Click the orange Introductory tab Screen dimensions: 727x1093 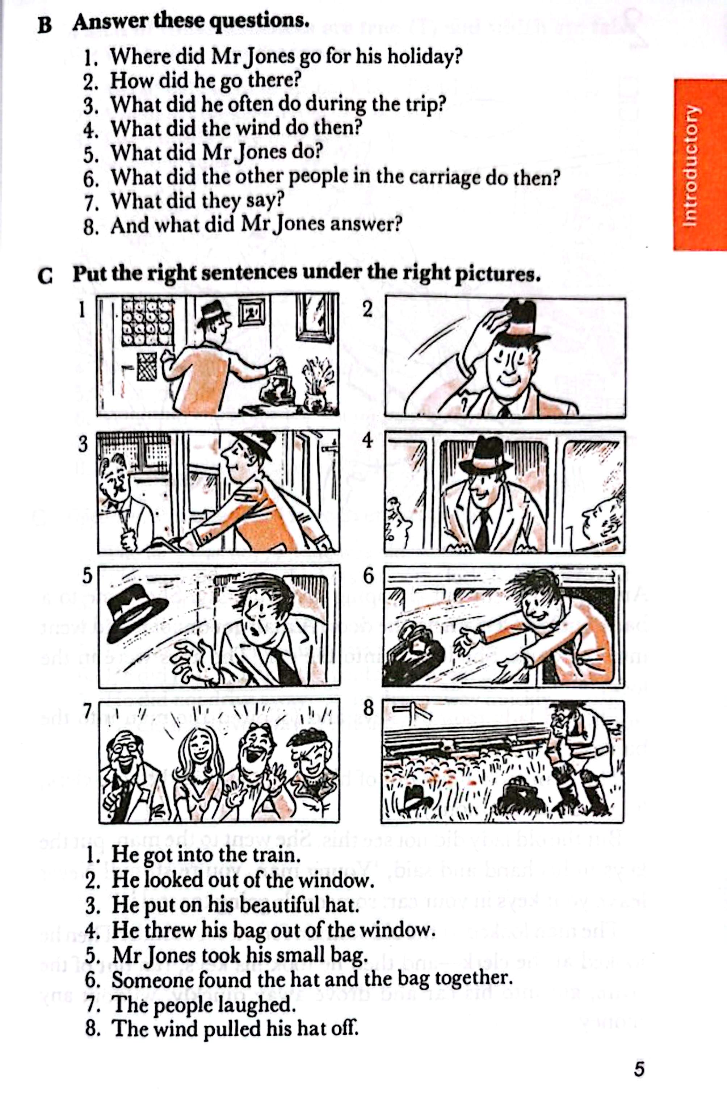coord(700,165)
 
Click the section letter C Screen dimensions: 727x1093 coord(45,277)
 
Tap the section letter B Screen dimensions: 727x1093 coord(45,25)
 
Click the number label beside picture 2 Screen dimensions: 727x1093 coord(367,309)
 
